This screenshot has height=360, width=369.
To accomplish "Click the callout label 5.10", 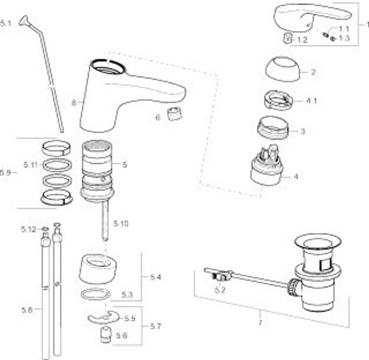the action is pyautogui.click(x=121, y=224).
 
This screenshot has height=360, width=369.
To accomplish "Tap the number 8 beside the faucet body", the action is pyautogui.click(x=74, y=103).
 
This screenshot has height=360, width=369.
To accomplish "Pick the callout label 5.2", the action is pyautogui.click(x=220, y=289).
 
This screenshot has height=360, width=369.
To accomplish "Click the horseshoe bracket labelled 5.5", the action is pyautogui.click(x=103, y=317).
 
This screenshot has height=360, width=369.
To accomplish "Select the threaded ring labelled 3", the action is pyautogui.click(x=274, y=128).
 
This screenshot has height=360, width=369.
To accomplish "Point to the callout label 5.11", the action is pyautogui.click(x=31, y=165).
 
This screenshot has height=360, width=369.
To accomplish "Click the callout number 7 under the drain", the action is pyautogui.click(x=260, y=323).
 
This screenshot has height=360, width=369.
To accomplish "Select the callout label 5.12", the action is pyautogui.click(x=28, y=229).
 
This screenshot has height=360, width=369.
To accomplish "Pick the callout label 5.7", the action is pyautogui.click(x=156, y=326).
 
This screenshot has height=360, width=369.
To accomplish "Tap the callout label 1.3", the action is pyautogui.click(x=344, y=38).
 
